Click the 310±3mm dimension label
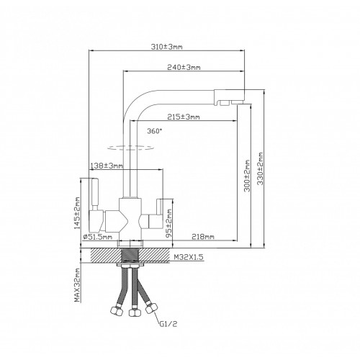tap(166, 47)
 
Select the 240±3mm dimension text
tap(184, 68)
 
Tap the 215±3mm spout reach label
tap(184, 117)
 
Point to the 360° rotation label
tap(155, 131)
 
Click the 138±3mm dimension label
tap(107, 166)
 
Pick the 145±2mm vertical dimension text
tap(77, 213)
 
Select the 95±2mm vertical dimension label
tap(169, 224)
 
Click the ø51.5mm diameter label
tap(98, 237)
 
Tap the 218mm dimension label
tap(203, 237)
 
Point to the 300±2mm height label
tap(247, 176)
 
